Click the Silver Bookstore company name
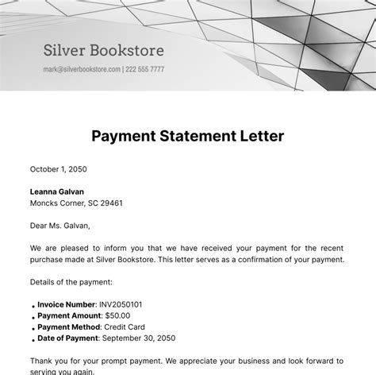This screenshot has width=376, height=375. click(103, 51)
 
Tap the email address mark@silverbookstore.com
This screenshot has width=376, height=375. click(82, 69)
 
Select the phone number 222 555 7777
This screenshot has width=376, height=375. click(145, 69)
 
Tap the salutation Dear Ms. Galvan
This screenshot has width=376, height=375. click(60, 226)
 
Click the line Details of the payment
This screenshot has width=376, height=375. click(71, 282)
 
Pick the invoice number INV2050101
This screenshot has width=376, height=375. click(123, 304)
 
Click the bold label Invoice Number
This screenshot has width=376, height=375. click(67, 304)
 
